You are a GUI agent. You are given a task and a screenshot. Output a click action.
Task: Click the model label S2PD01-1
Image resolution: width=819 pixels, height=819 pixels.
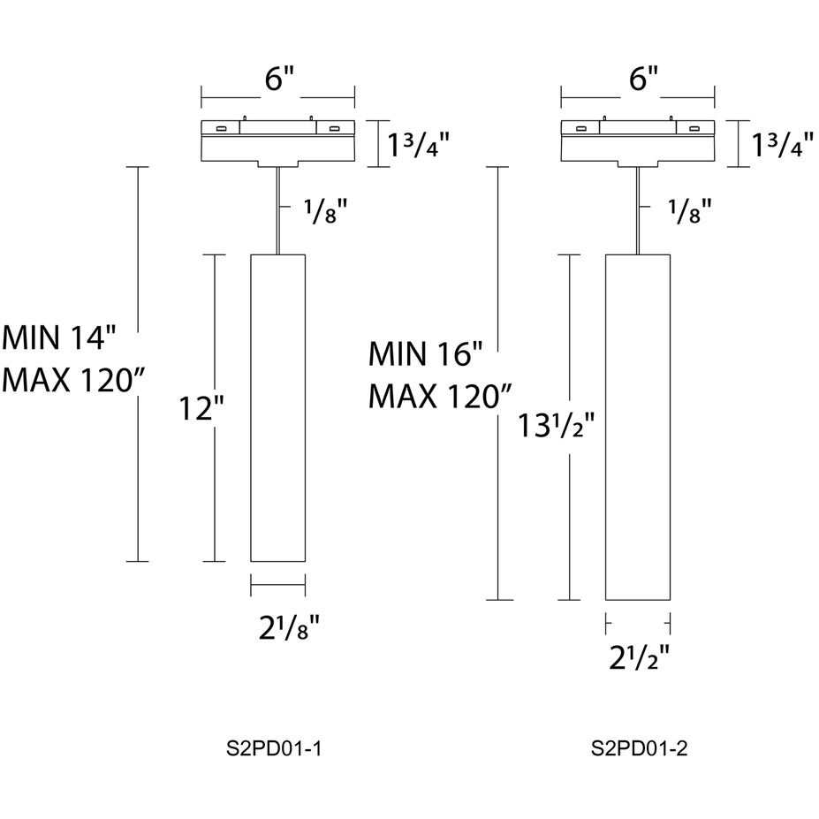click(x=278, y=749)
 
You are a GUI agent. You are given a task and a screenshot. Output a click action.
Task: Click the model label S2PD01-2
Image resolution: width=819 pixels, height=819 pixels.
click(x=639, y=749)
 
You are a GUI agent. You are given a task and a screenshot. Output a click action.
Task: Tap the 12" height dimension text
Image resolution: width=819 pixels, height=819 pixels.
click(x=201, y=408)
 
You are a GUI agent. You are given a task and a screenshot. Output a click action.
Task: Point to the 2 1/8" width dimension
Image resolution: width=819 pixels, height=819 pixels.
click(x=281, y=629)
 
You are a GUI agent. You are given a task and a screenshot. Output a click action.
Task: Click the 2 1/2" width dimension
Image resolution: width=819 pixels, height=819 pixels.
click(x=639, y=657)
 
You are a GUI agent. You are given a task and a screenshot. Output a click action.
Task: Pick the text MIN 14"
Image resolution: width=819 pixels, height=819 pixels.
click(x=60, y=337)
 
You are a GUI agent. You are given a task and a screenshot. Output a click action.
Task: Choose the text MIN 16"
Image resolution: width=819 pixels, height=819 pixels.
click(x=426, y=355)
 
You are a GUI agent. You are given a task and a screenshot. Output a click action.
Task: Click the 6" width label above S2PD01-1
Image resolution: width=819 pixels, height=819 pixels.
click(x=278, y=79)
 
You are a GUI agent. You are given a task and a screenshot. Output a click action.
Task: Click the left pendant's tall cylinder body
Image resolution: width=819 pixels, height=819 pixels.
click(x=278, y=407)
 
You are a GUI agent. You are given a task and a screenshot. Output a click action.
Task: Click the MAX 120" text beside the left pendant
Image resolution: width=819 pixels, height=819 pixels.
click(x=72, y=380)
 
